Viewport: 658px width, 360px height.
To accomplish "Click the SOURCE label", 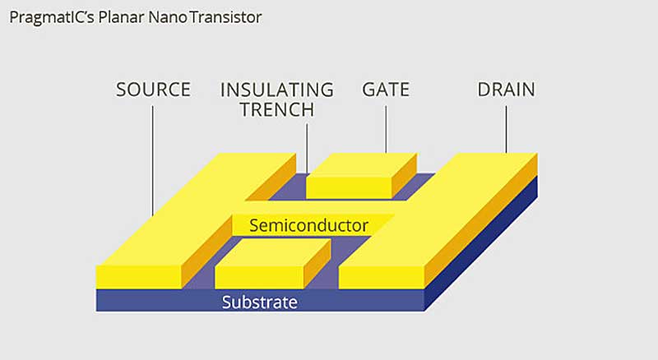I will click(x=153, y=90).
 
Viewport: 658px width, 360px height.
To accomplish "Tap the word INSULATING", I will click(x=276, y=90).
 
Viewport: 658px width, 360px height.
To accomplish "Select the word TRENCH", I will click(x=276, y=110).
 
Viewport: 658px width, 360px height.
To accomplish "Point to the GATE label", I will click(x=387, y=90).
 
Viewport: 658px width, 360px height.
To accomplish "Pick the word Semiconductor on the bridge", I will click(x=308, y=224).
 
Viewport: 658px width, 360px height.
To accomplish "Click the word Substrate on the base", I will click(x=259, y=302).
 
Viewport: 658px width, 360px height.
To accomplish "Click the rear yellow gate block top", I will click(x=360, y=164).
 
